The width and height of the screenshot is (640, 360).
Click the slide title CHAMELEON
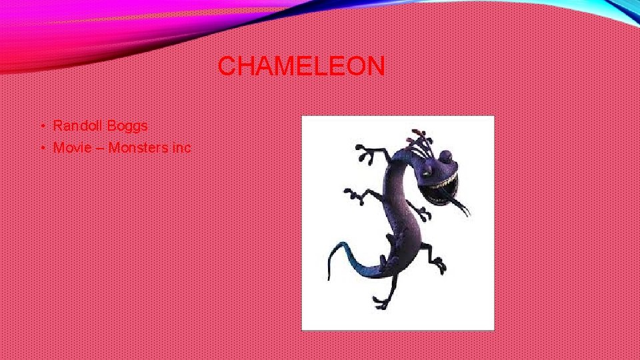[301, 66]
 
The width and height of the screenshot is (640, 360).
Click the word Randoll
[75, 125]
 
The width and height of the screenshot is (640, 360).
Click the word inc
[181, 147]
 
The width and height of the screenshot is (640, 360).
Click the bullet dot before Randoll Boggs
[41, 126]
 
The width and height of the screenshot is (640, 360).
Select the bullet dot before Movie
[41, 148]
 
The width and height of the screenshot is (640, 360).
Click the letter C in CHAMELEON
[226, 66]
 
